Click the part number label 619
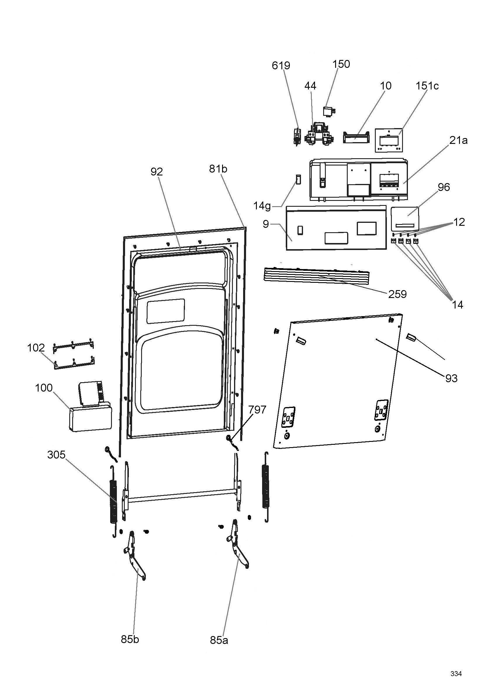(x=281, y=65)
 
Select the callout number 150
(x=341, y=64)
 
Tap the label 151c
(x=427, y=86)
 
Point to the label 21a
(x=458, y=140)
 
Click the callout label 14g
(x=262, y=206)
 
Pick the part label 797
(x=257, y=410)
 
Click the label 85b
(x=130, y=639)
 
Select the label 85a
(x=219, y=640)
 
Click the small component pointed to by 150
(x=329, y=111)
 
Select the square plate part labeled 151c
(x=389, y=140)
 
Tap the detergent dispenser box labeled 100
(x=90, y=407)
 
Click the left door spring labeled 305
(x=113, y=506)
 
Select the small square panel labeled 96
(x=405, y=219)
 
